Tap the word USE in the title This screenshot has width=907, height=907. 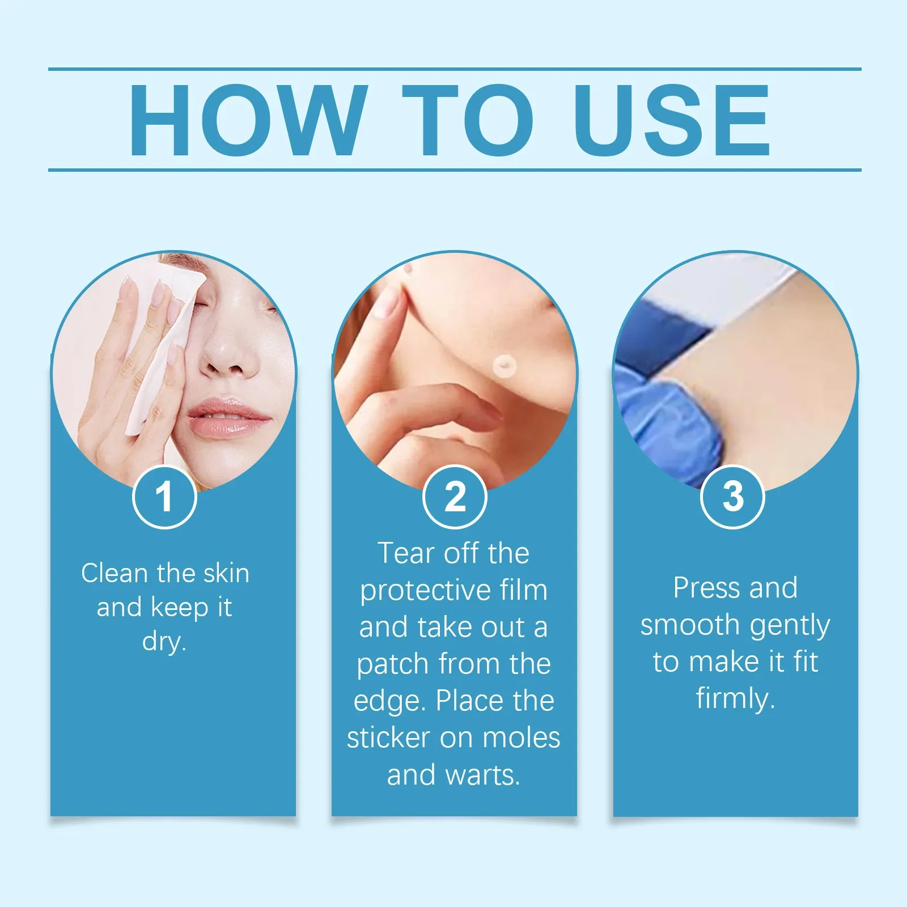(x=672, y=120)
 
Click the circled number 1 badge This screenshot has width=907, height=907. (x=164, y=497)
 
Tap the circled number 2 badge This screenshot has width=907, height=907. (x=455, y=497)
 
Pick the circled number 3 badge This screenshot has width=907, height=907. (x=732, y=497)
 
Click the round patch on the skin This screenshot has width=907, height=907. (x=503, y=366)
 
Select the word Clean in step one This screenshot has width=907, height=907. (x=115, y=573)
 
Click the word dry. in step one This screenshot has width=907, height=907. (x=164, y=641)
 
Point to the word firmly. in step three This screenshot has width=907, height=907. (x=735, y=698)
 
